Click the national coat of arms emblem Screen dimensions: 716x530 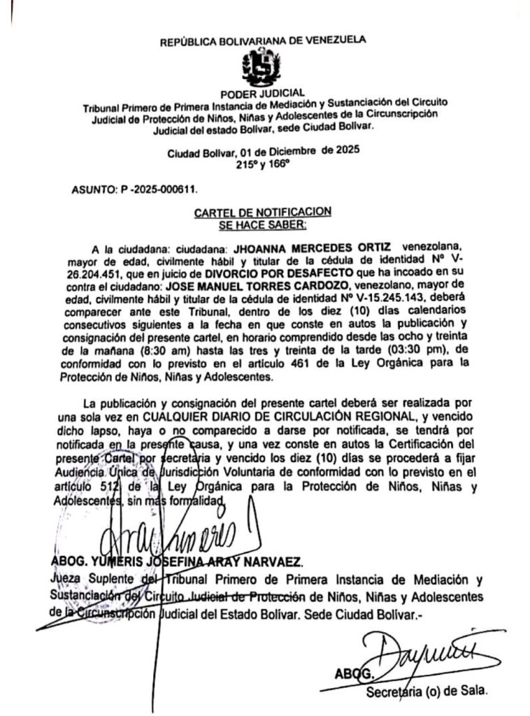click(261, 69)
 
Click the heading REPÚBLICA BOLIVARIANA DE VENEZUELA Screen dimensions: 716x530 click(262, 41)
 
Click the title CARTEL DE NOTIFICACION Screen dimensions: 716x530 click(262, 210)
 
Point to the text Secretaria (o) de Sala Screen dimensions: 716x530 click(426, 692)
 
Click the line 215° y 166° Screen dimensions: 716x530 click(262, 165)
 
